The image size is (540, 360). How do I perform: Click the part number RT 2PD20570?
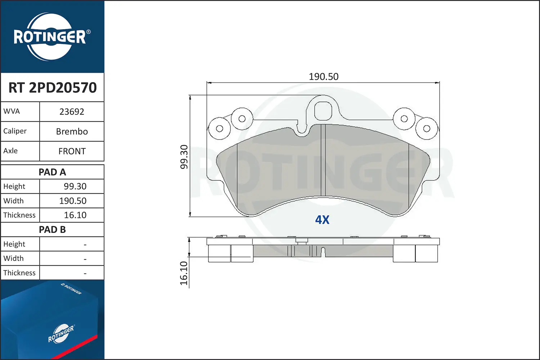tap(53, 87)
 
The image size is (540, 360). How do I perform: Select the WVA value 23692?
tap(72, 112)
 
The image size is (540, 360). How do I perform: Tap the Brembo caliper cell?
tap(72, 131)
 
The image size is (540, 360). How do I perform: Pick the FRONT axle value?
tap(72, 151)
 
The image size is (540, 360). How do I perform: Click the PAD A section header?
tap(52, 172)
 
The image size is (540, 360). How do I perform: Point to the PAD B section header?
tap(52, 230)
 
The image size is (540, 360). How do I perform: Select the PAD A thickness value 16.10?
tap(75, 215)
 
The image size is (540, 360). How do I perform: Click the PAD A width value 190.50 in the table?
tap(73, 201)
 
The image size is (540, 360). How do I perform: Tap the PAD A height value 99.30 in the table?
tap(75, 186)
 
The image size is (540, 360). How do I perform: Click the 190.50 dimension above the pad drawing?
tap(324, 77)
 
